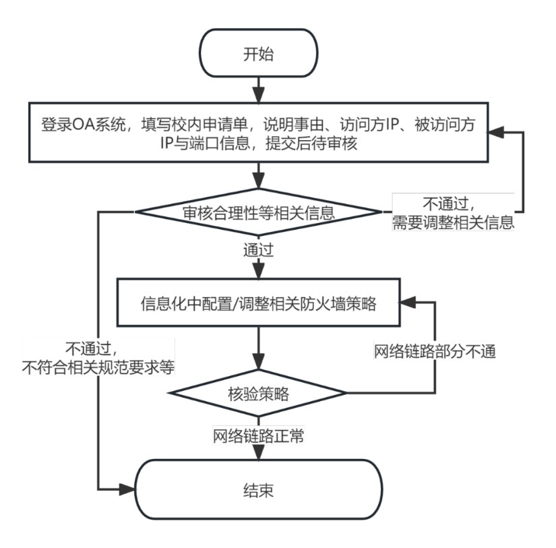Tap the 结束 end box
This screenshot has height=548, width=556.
click(x=258, y=489)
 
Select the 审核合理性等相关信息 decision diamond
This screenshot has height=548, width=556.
click(x=259, y=212)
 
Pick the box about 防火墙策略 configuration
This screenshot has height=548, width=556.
click(x=259, y=303)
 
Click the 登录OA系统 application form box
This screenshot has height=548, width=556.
click(x=259, y=133)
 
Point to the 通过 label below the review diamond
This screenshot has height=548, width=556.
click(x=258, y=249)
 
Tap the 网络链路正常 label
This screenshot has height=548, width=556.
click(x=258, y=436)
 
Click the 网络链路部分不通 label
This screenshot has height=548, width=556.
click(x=435, y=351)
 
